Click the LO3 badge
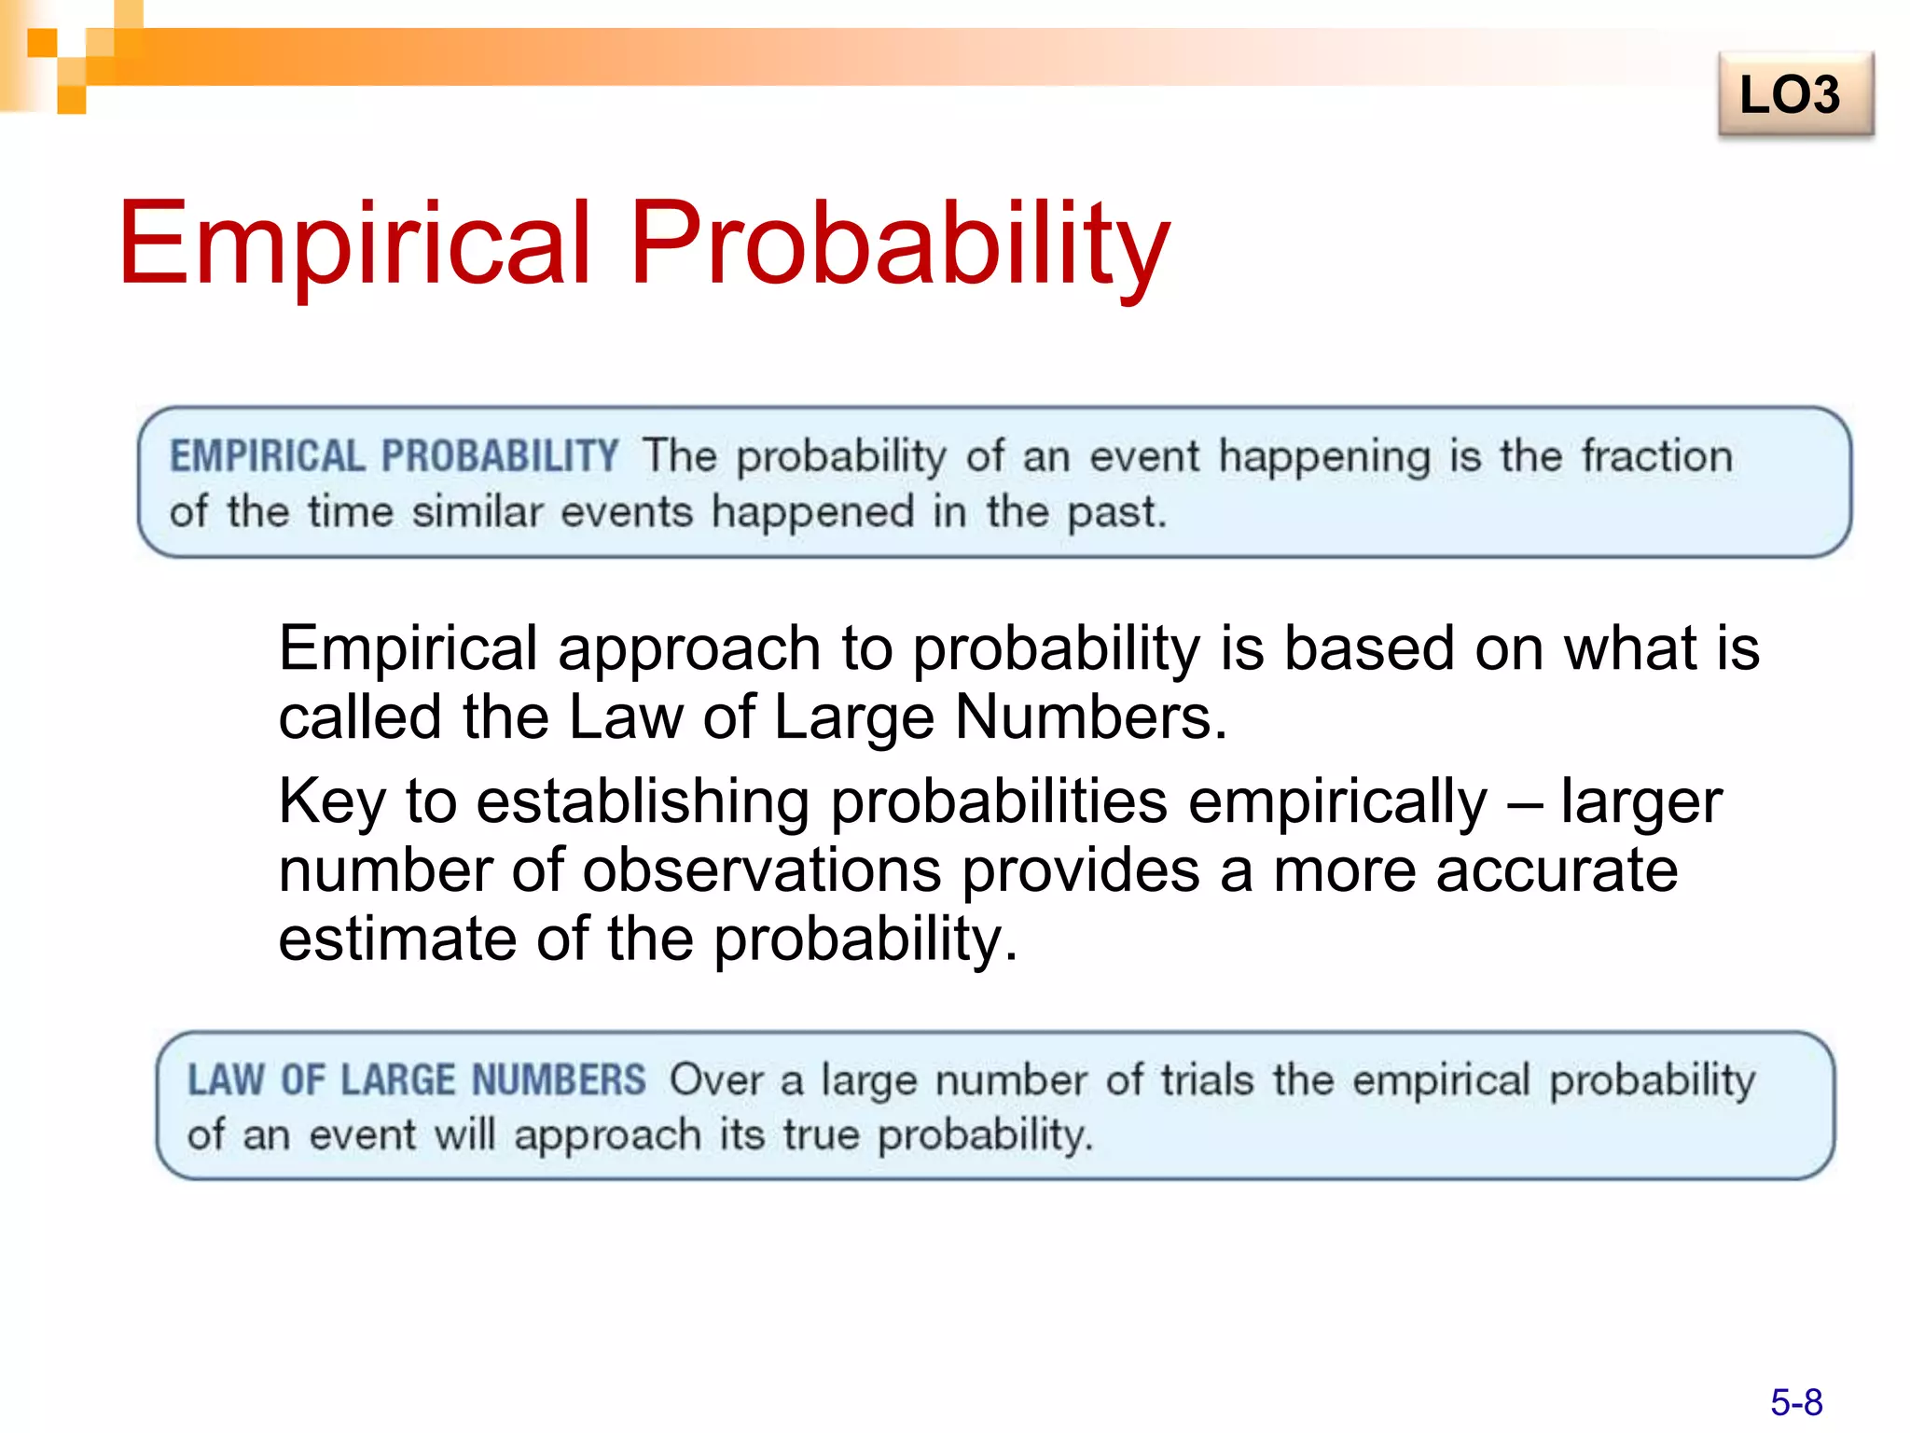tap(1794, 95)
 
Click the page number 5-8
tap(1796, 1402)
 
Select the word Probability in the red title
tap(899, 244)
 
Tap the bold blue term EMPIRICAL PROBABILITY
tap(394, 456)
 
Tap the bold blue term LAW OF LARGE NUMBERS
tap(416, 1080)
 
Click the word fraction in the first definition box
tap(1657, 456)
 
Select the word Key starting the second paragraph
tap(332, 802)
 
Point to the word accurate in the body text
tap(1557, 870)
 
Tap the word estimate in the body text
tap(396, 939)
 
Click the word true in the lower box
tap(821, 1135)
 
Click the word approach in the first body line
tap(688, 649)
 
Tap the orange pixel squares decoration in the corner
tap(71, 56)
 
